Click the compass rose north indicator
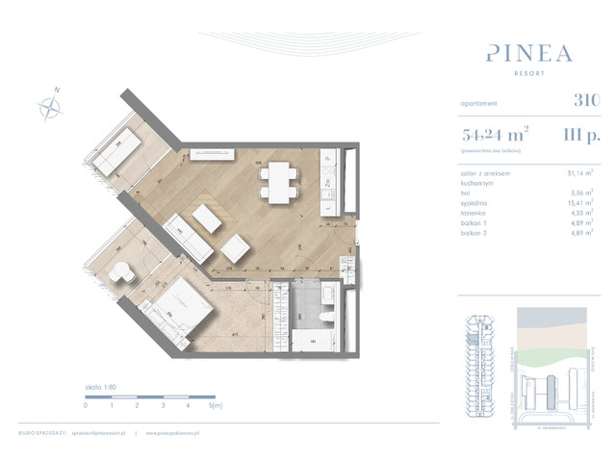[x=49, y=103]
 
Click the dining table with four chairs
[x=280, y=179]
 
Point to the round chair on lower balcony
[x=121, y=274]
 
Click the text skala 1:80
[x=100, y=386]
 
